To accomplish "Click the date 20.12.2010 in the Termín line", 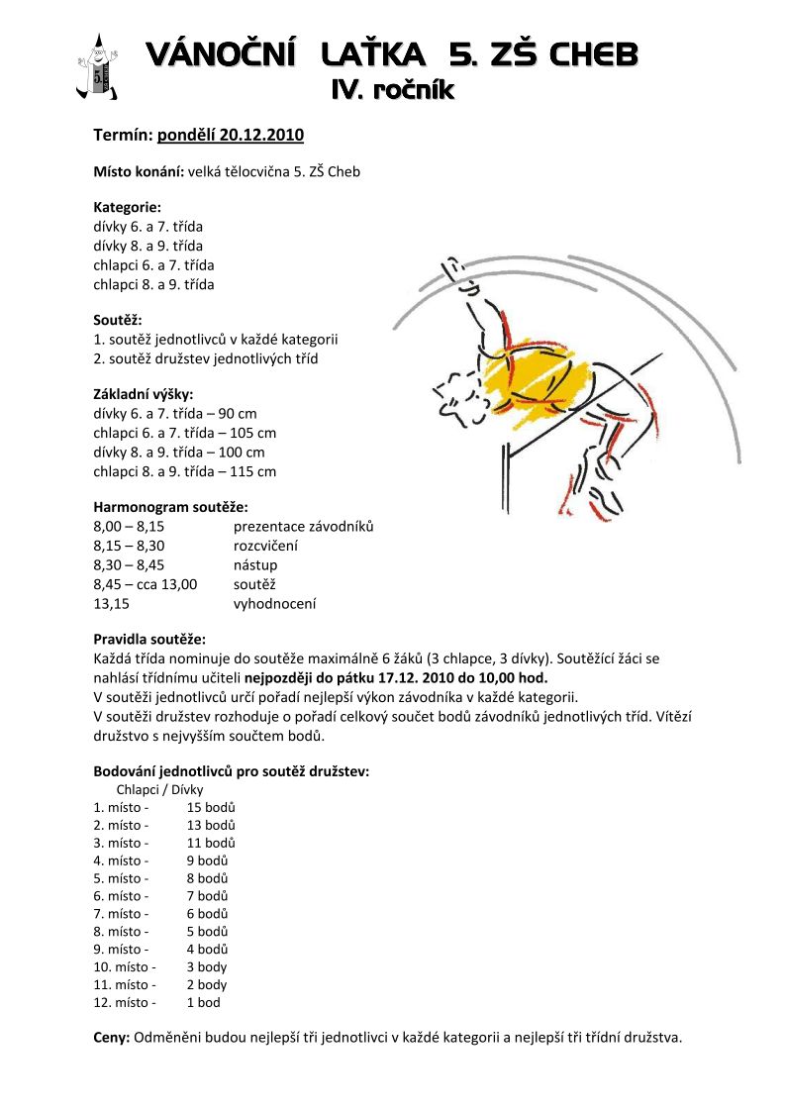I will coord(262,135).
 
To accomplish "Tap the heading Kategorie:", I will coord(128,207).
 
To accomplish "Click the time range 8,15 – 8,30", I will coord(129,546).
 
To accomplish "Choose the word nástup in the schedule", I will coord(255,565).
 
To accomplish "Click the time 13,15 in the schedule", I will coord(112,603).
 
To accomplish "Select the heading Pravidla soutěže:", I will coord(149,639).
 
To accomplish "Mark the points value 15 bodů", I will coord(211,807).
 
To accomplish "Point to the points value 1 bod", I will coord(204,1002).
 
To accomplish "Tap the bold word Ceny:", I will coord(111,1038).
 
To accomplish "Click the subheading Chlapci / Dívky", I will coord(159,789).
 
